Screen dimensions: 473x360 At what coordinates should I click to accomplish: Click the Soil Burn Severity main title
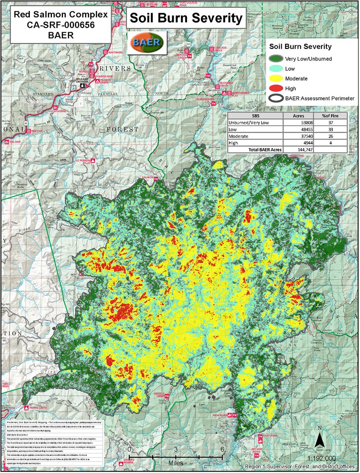[x=186, y=19]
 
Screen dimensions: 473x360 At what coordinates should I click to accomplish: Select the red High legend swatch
[x=277, y=88]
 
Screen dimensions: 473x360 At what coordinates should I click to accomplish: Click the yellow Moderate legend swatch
[x=277, y=78]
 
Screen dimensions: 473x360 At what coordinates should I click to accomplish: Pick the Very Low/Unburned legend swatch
[x=277, y=59]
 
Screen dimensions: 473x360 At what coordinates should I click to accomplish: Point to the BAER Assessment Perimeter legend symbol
[x=277, y=99]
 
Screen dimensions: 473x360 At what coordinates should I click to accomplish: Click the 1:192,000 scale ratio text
[x=323, y=458]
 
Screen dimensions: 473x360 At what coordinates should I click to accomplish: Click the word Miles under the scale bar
[x=176, y=462]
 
